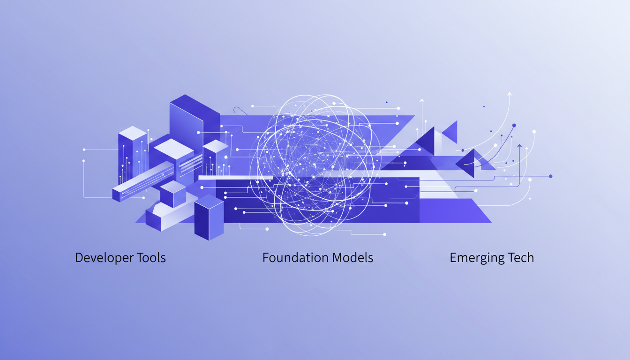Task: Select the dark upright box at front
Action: click(x=209, y=218)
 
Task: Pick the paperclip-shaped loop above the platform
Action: click(x=240, y=111)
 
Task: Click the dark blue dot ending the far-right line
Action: click(x=550, y=176)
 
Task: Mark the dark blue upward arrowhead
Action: click(x=519, y=146)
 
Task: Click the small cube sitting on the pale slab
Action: click(x=173, y=194)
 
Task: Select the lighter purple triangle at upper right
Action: click(x=450, y=131)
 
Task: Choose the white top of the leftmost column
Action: click(x=133, y=133)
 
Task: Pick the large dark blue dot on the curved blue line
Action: click(x=514, y=126)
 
